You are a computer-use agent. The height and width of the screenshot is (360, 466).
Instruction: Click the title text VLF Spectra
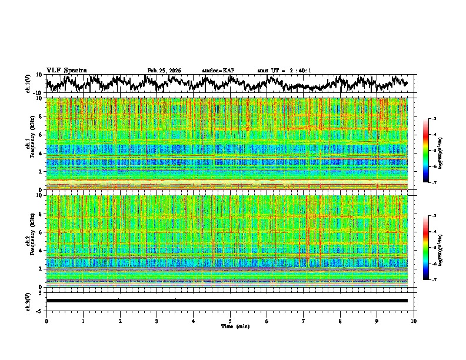coord(66,70)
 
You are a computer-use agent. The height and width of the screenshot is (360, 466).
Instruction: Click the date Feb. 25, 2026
coord(164,71)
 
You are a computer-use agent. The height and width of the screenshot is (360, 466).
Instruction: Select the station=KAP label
coord(218,71)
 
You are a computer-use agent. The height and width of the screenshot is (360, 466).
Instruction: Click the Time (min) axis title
coord(235,326)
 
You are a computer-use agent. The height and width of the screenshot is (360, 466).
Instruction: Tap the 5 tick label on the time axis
coord(230,321)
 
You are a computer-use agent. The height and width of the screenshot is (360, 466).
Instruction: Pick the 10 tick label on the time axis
coord(414,321)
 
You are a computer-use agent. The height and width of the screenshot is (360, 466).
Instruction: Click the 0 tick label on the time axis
coord(46,321)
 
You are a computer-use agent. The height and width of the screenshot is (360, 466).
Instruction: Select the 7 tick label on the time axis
coord(304,321)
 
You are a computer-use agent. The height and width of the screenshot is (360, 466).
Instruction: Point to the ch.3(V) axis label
coord(28,301)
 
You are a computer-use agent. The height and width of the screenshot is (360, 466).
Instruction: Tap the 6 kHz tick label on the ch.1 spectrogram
coord(41,135)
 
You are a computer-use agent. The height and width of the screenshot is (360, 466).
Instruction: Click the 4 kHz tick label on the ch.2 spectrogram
coord(41,250)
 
